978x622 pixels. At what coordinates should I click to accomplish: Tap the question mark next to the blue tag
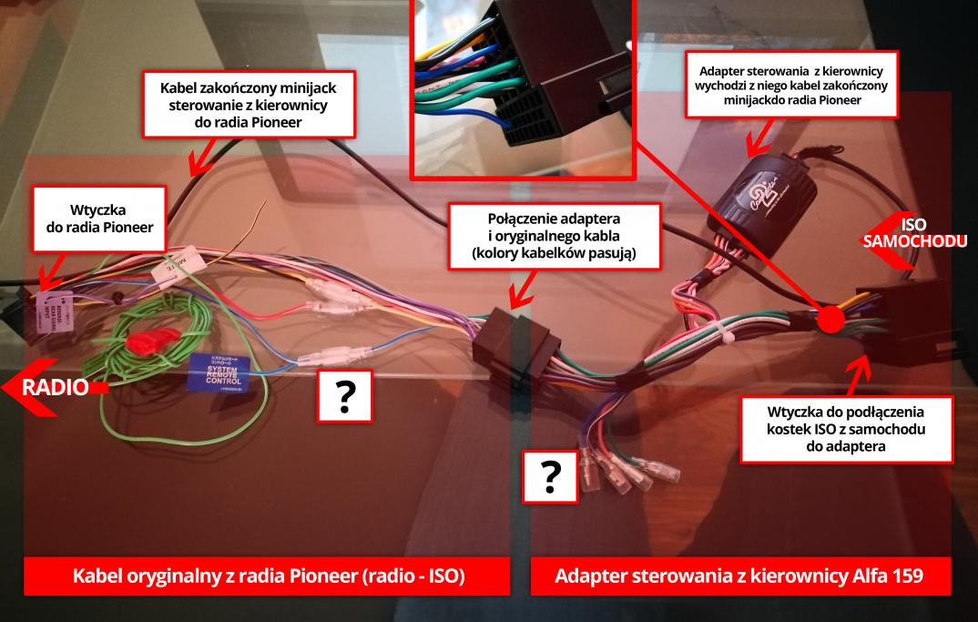(345, 396)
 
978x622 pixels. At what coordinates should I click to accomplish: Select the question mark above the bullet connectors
(551, 475)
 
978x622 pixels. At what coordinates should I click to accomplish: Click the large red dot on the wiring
(829, 320)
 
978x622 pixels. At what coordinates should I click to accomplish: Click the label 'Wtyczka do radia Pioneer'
(99, 219)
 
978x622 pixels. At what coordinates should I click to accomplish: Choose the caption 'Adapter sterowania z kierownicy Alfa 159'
(740, 576)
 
